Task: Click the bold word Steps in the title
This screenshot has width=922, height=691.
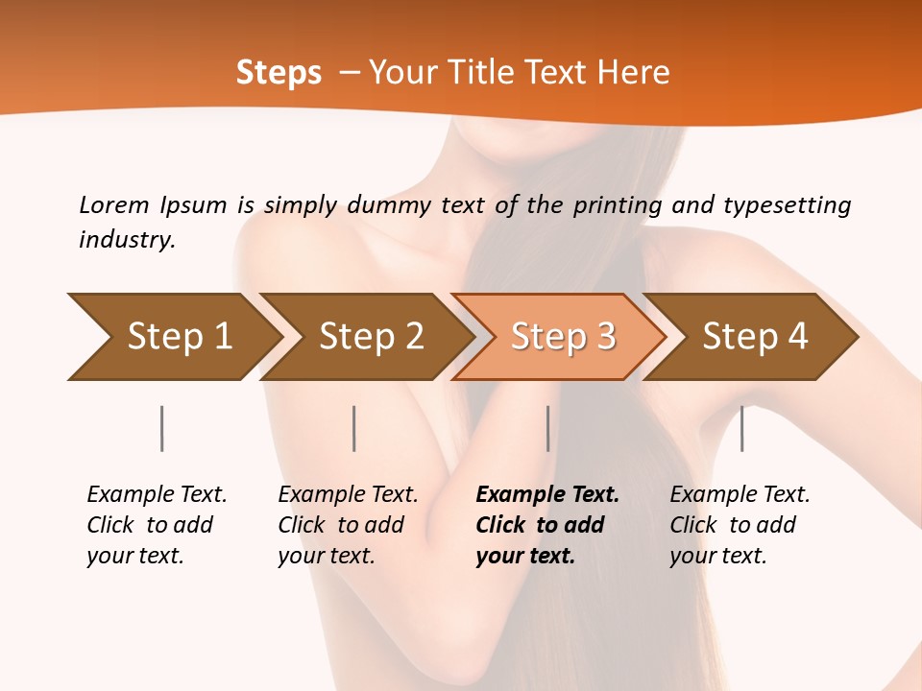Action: [279, 73]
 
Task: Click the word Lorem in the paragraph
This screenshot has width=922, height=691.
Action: [113, 204]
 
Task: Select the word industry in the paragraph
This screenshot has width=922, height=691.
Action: [127, 240]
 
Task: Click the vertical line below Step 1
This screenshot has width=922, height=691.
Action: [162, 428]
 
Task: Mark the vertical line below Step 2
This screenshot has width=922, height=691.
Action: [354, 428]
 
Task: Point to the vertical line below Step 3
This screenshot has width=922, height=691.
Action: [547, 428]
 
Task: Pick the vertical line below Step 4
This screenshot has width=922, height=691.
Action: [741, 428]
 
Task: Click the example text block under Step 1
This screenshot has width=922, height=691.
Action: [157, 525]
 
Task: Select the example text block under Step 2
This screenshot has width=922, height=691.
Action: [348, 525]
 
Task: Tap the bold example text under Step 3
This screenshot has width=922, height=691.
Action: [547, 525]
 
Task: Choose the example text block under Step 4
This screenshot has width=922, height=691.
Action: [740, 525]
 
